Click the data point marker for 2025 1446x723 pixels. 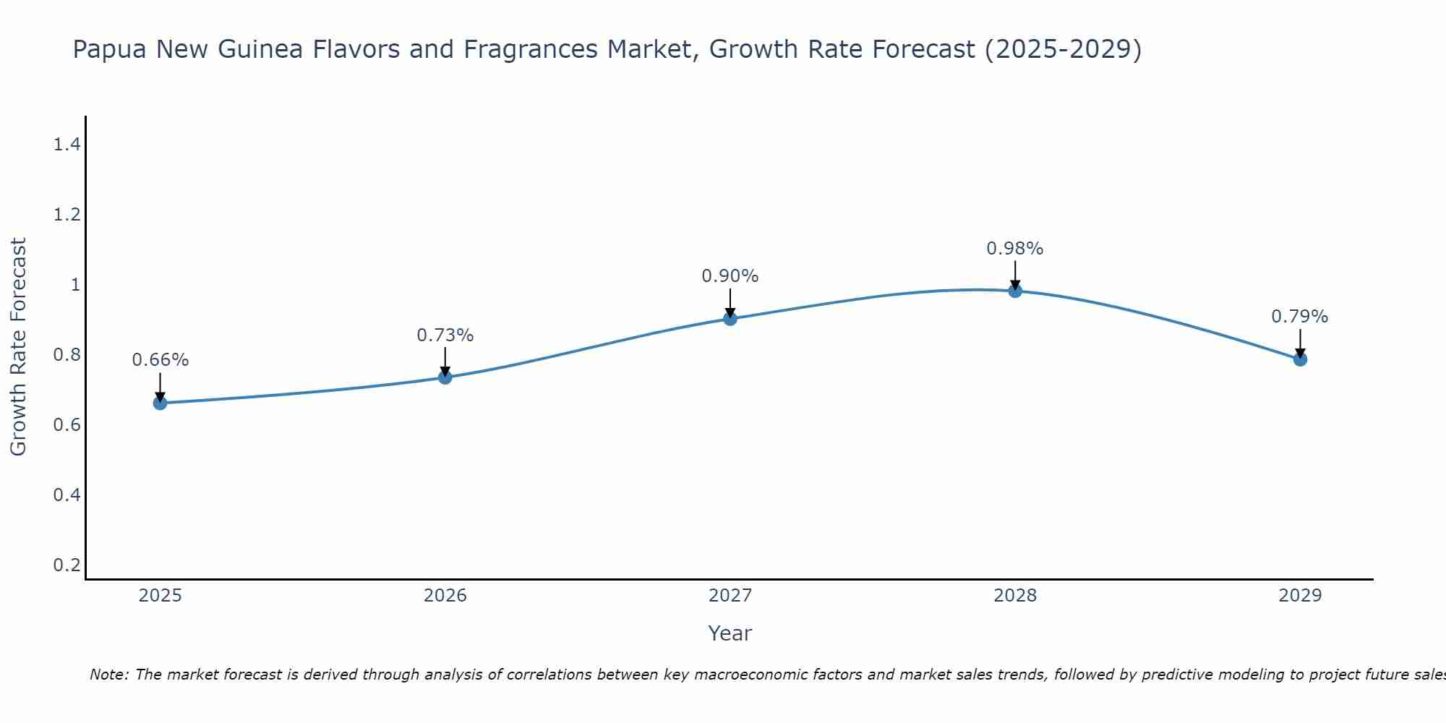(x=160, y=403)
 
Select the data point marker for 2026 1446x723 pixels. (x=445, y=377)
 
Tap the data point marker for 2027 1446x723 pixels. (x=730, y=318)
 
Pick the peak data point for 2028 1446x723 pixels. (x=1015, y=291)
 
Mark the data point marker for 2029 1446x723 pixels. (x=1300, y=359)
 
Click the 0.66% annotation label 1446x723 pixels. (x=160, y=360)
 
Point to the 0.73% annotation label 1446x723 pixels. (x=445, y=335)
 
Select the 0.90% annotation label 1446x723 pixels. (x=730, y=276)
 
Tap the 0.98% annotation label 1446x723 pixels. (x=1015, y=249)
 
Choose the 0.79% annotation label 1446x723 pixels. (x=1300, y=317)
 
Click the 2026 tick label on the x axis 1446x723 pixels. (x=445, y=596)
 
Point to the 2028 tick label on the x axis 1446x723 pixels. (x=1015, y=596)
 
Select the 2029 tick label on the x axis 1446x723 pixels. (x=1300, y=596)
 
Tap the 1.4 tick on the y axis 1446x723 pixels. (x=67, y=145)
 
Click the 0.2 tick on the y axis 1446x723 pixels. (x=67, y=565)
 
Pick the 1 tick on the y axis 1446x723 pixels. (x=75, y=285)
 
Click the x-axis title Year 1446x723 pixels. (x=730, y=633)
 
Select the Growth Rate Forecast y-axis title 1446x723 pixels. (x=18, y=347)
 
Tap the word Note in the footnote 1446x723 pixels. (x=108, y=675)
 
